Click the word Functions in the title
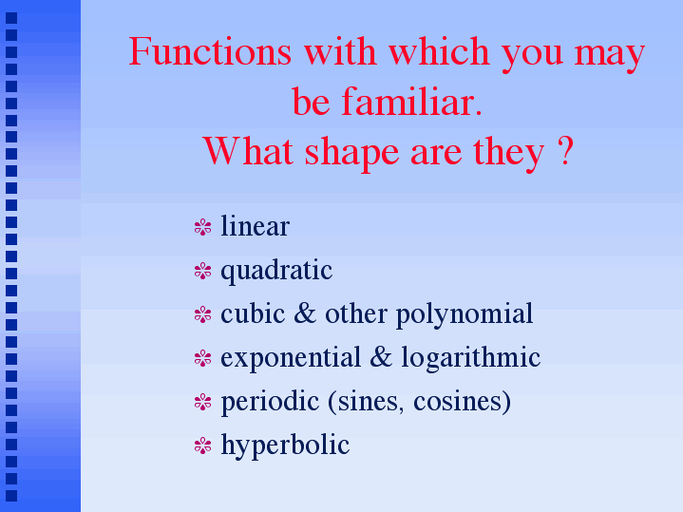[x=210, y=51]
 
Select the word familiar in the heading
[x=411, y=102]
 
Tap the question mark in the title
[x=565, y=151]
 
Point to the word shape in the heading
[x=351, y=153]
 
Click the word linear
[x=256, y=226]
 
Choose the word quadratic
[x=276, y=271]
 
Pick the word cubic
[x=253, y=313]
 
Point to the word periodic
[x=270, y=402]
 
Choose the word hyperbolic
[x=285, y=446]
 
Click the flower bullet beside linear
[x=203, y=227]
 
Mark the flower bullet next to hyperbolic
[x=203, y=446]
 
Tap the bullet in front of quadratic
[x=203, y=271]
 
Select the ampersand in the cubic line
[x=305, y=313]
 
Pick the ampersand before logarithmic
[x=381, y=357]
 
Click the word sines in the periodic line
[x=368, y=401]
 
